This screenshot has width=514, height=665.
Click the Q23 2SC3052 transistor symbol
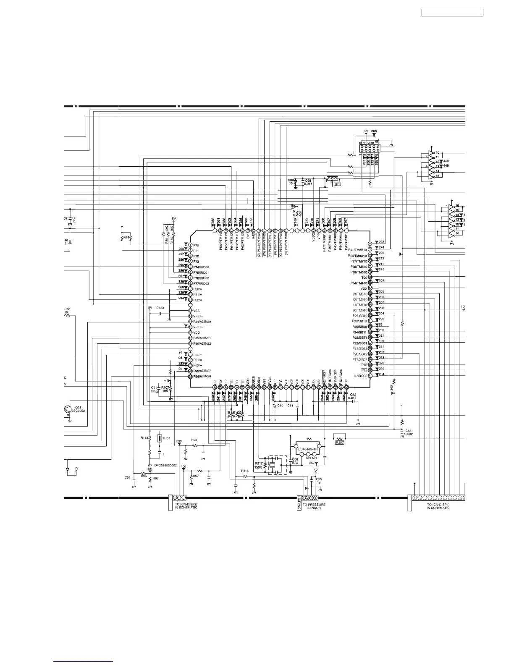point(68,409)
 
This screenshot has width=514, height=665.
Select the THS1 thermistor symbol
point(159,439)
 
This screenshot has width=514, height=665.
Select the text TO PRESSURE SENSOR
point(314,506)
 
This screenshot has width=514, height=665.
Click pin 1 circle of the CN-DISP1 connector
point(415,497)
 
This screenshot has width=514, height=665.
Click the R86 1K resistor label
point(67,311)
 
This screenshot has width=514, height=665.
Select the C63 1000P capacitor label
point(408,432)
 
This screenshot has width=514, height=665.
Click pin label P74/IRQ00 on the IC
point(201,267)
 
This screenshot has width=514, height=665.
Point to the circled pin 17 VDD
point(190,332)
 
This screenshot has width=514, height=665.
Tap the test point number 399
point(179,441)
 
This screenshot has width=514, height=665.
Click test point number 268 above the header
point(374,131)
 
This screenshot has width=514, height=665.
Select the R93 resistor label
point(194,440)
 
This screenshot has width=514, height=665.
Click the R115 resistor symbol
point(245,476)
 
